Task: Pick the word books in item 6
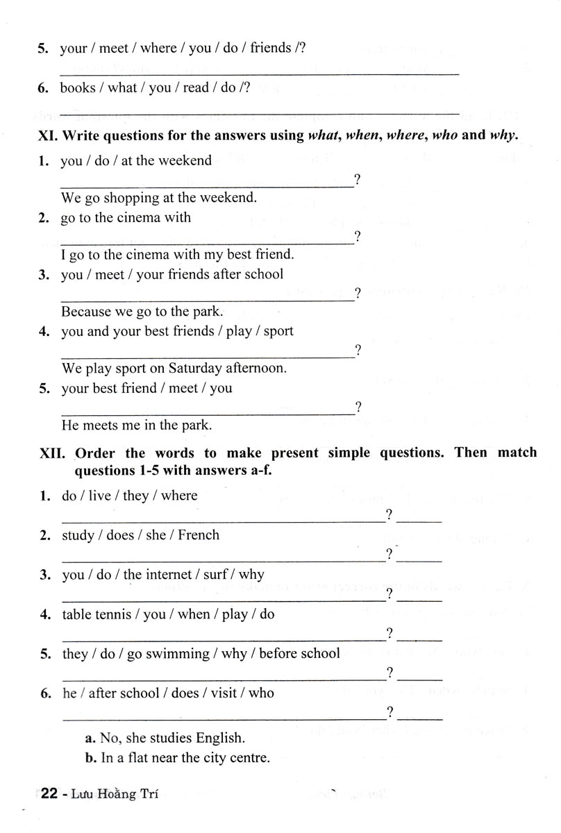(78, 87)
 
